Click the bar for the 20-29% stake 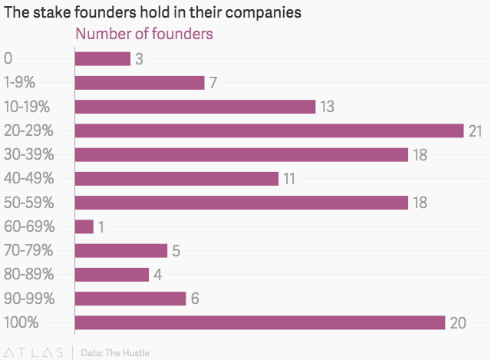pos(269,130)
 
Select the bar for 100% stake pos(259,322)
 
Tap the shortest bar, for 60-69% pos(84,226)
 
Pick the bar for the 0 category pos(102,58)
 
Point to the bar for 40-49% pos(176,178)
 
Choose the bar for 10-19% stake pos(195,106)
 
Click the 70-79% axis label pos(28,250)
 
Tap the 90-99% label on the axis pos(29,298)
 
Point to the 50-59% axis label pos(29,202)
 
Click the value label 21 pos(476,130)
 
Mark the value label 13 pos(327,107)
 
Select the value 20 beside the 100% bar pos(457,323)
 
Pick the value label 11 pos(289,179)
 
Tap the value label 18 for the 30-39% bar pos(420,155)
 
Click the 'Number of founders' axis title pos(143,35)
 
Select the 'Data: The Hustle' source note pos(115,353)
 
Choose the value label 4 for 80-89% pos(157,275)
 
